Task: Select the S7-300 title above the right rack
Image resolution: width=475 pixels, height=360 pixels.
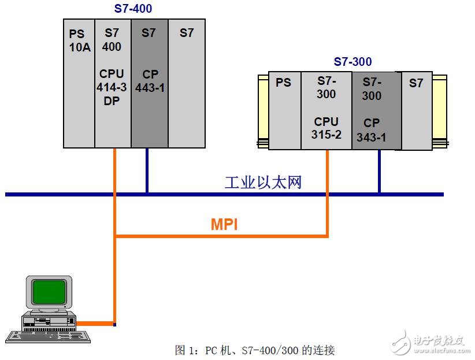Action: point(352,62)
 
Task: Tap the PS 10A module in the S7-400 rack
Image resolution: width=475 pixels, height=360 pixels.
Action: point(79,83)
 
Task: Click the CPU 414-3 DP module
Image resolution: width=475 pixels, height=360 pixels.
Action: point(113,83)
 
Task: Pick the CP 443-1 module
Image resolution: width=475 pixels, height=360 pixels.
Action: point(149,83)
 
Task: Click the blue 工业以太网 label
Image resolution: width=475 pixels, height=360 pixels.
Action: point(263,183)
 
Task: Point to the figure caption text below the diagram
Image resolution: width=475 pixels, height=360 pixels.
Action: point(254,350)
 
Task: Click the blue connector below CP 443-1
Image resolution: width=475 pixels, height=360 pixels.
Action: point(147,170)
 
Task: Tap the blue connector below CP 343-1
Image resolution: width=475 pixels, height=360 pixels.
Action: point(379,172)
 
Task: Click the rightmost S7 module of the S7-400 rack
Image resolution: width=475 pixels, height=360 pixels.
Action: point(187,83)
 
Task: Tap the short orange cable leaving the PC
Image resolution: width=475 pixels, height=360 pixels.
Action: point(95,323)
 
